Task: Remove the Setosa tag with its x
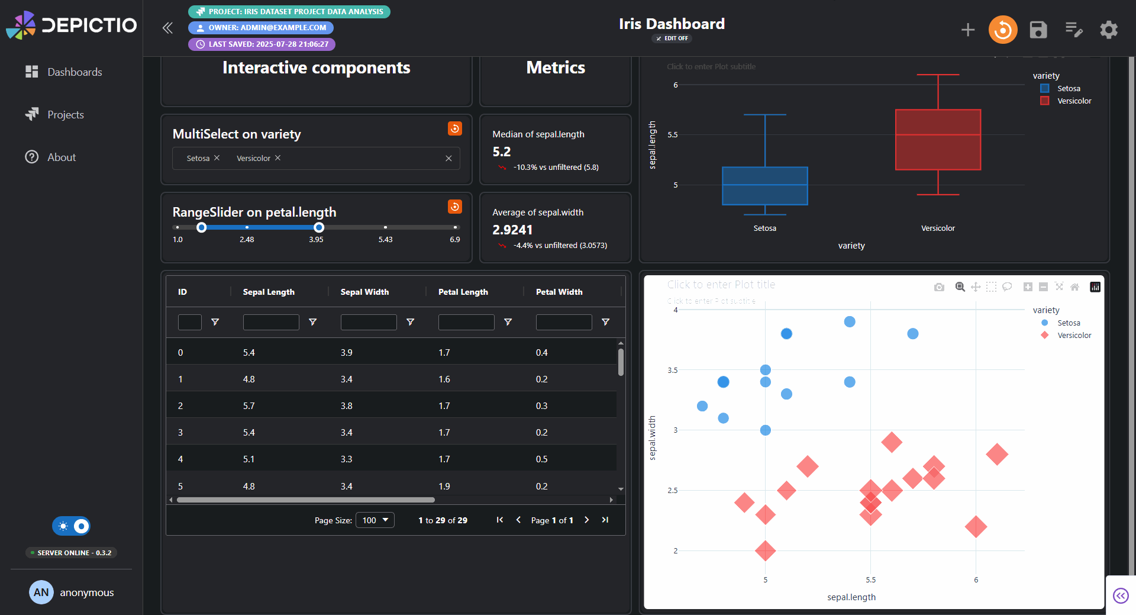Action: point(217,158)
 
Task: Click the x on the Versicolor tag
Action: point(278,158)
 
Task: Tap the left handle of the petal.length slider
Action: point(202,227)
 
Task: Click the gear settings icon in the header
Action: point(1108,30)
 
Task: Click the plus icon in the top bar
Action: point(967,30)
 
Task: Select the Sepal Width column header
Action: point(364,292)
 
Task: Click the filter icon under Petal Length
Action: point(508,322)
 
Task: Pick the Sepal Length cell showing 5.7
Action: point(249,406)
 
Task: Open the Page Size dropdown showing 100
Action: point(375,520)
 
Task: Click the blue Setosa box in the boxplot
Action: point(764,186)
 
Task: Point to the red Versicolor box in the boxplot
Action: point(938,140)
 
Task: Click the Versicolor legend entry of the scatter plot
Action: point(1073,336)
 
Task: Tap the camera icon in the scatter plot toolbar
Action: point(939,287)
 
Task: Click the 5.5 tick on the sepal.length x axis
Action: point(870,580)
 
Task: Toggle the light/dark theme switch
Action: point(72,526)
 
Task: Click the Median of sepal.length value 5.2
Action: point(502,152)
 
